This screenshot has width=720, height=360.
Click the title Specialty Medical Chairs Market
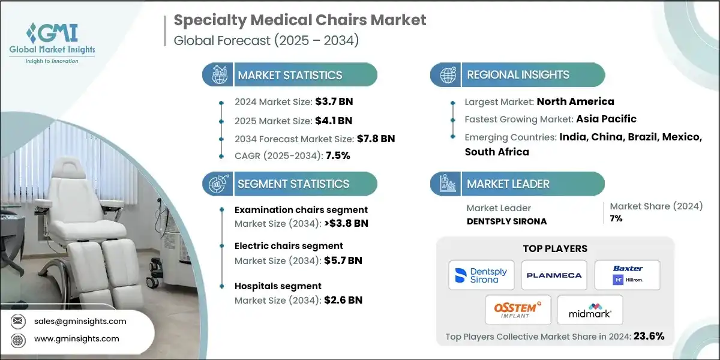tap(300, 20)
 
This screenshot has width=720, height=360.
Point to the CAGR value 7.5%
tap(337, 155)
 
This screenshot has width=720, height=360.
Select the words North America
tap(575, 101)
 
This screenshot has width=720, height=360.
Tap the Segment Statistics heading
tap(293, 184)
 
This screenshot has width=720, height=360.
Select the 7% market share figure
tap(616, 218)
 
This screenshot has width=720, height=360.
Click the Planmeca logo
tap(554, 275)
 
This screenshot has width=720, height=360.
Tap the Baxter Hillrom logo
tap(627, 275)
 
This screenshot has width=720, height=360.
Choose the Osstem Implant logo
tap(517, 310)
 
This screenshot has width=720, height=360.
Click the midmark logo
tap(590, 310)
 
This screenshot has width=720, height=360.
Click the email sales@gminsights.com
tap(80, 321)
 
